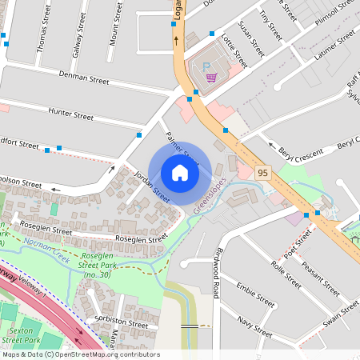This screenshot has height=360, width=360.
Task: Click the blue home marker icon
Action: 180,172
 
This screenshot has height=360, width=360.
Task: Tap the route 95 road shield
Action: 262,172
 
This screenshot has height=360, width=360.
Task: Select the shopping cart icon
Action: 211,78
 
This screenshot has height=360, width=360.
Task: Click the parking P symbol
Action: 205,67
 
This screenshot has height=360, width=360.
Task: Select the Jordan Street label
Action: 152,186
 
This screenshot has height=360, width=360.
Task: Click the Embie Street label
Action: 256,299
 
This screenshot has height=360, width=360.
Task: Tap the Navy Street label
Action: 255,322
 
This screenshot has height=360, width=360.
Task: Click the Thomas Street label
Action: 42,34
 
